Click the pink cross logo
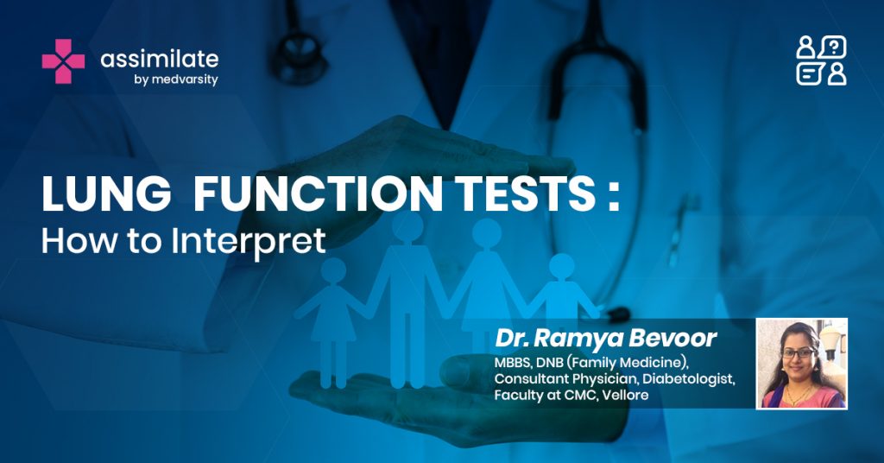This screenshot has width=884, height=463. point(63,61)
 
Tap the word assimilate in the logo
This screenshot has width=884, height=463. point(160,59)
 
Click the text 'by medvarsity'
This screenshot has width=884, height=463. point(176,79)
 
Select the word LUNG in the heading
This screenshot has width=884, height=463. point(106,193)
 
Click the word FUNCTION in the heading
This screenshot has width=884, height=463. point(319,193)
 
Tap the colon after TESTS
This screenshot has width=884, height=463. point(614,198)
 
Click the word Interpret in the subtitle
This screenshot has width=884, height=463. point(248,241)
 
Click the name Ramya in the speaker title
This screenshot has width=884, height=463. point(578,339)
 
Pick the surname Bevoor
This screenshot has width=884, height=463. point(672,338)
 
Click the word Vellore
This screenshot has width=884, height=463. point(625,395)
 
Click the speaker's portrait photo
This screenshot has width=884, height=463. point(802,363)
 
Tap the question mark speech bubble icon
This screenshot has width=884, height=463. point(833,47)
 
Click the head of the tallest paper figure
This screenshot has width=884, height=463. point(407,226)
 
